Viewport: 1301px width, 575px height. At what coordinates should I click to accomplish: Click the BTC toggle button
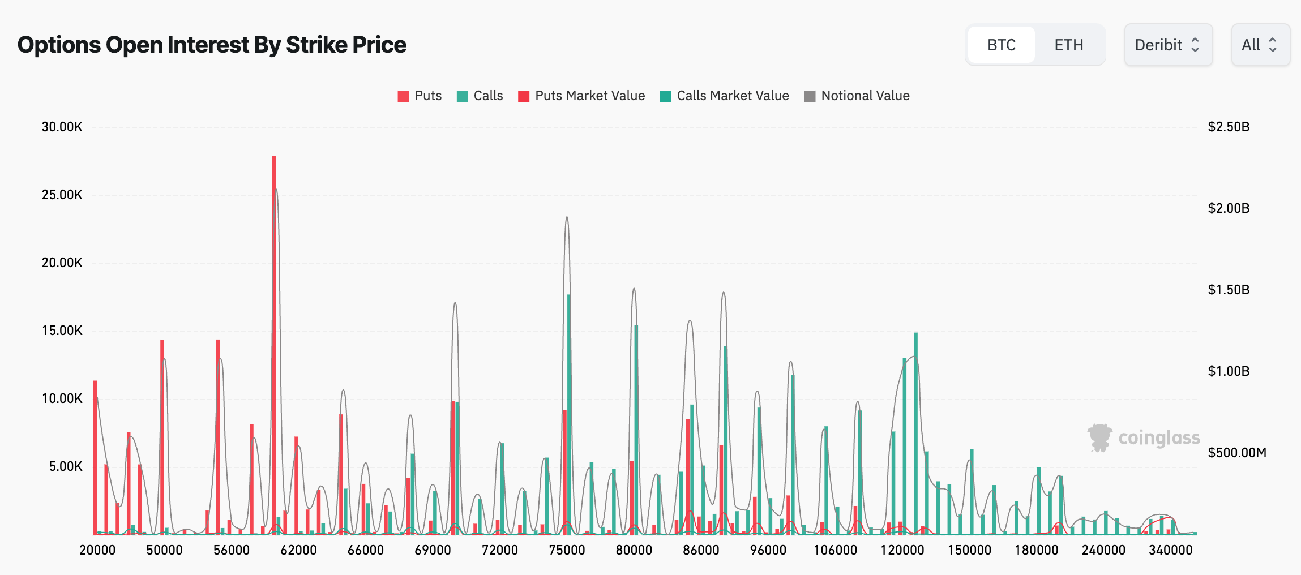1001,45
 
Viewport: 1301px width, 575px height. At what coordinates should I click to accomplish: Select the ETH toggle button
1068,45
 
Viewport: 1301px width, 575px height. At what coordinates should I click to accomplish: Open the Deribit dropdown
1167,45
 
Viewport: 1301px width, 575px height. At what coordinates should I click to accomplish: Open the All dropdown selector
1260,45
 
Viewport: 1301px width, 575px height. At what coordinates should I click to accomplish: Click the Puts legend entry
420,96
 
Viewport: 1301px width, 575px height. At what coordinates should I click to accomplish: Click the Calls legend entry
480,96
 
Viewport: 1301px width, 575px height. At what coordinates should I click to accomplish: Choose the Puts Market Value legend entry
581,96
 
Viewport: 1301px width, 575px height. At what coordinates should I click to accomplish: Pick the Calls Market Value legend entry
724,96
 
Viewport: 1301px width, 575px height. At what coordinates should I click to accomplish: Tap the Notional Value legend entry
857,96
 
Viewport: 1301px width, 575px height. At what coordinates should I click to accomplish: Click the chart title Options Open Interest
212,45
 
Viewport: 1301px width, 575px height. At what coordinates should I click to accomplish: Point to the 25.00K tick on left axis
62,195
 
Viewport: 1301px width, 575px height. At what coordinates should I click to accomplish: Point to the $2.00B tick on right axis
1228,208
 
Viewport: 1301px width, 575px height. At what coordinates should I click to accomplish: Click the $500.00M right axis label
1236,453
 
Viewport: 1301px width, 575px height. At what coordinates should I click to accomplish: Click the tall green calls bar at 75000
569,413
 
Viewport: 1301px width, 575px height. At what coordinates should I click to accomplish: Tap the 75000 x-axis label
567,550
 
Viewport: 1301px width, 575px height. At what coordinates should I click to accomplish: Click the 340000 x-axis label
1170,550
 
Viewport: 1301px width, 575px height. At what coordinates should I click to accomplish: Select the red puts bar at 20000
95,458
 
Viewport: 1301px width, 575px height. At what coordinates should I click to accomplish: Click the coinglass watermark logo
1143,438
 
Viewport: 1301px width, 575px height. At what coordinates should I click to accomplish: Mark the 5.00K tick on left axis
65,466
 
